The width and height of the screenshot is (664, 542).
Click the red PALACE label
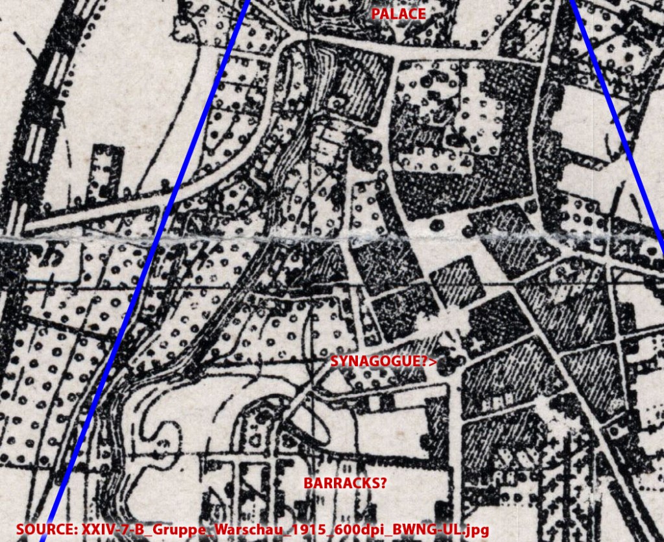398,14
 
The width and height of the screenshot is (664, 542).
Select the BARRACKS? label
345,483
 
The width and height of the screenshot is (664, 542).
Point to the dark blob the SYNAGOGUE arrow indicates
454,361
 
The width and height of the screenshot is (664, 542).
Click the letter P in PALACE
375,14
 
